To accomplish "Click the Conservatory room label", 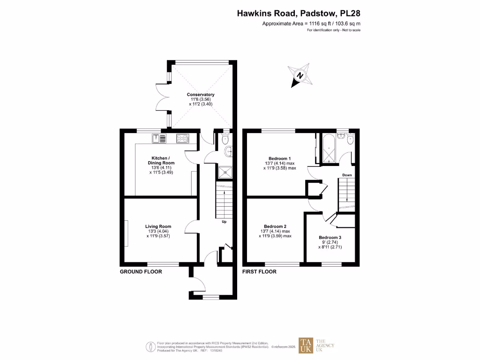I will coord(201,95).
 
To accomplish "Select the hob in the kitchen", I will coord(182,138).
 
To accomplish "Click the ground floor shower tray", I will coord(225,172).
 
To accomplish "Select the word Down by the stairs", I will coord(347,175).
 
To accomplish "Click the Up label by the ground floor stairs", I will coord(224,222).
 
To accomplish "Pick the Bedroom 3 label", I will coord(330,238).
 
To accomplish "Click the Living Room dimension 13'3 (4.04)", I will coord(157,231).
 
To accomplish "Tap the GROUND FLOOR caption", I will coord(141,272).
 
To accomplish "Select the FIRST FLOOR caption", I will coord(259,272).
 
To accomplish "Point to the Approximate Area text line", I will coord(311,23).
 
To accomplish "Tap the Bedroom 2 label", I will coord(275,226).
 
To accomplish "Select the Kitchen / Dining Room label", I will coord(163,160).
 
